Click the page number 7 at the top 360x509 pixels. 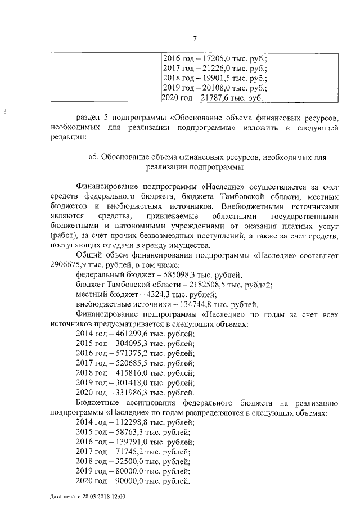point(195,39)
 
